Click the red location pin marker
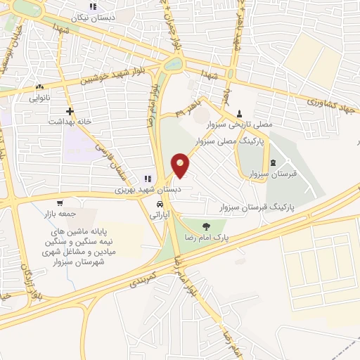181,165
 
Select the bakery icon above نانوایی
39,87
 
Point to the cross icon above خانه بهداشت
70,111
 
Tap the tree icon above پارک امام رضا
206,226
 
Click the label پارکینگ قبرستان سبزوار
254,208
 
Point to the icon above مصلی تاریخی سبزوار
240,112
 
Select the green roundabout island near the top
172,63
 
